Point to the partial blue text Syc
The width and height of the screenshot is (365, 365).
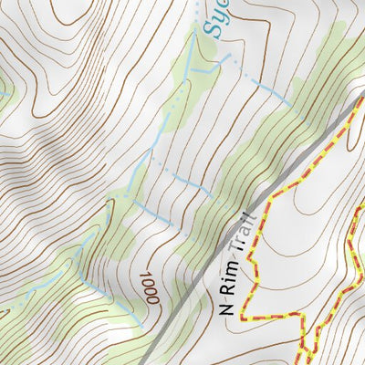pos(213,16)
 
